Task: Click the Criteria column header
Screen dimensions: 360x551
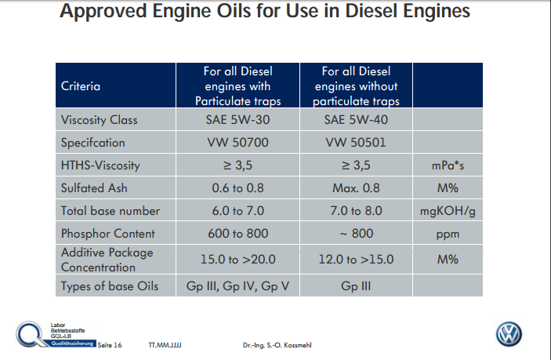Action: point(81,86)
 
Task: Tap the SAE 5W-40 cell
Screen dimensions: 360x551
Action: point(356,121)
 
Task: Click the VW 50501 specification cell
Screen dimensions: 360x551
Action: point(356,144)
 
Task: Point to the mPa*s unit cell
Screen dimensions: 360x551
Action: point(448,166)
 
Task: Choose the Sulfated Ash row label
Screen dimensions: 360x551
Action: point(95,188)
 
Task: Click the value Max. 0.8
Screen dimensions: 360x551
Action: point(356,188)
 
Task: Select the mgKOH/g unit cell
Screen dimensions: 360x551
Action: point(448,211)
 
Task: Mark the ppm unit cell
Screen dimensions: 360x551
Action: point(448,234)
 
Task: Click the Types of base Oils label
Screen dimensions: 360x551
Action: point(110,285)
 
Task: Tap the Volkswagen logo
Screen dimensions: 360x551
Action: point(509,333)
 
